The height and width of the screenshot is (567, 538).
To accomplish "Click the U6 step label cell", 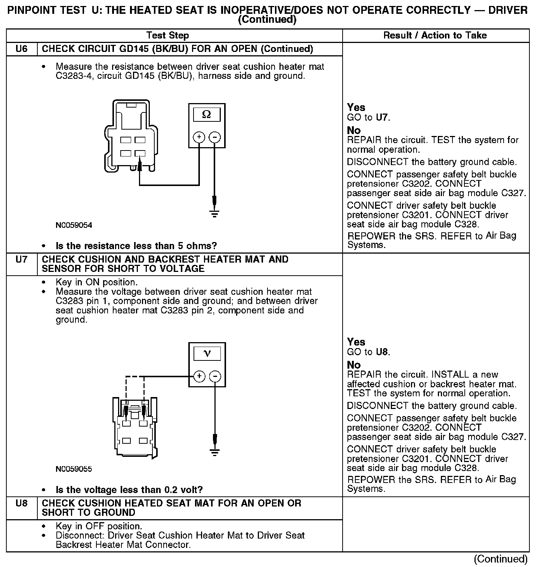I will coord(22,49).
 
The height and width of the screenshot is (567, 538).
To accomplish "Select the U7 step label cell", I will coord(22,259).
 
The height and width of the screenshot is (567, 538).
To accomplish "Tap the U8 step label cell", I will coord(22,503).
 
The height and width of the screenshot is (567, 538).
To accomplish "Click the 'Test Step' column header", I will coord(167,35).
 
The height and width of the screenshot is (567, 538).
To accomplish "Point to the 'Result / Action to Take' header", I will coord(435,35).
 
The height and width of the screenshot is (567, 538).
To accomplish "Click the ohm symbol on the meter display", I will coord(206,115).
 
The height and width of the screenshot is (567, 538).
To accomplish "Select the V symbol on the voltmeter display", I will coord(207,353).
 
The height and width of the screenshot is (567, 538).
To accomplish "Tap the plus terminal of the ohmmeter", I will coord(199,137).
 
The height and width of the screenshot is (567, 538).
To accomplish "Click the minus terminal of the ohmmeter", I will coord(214,137).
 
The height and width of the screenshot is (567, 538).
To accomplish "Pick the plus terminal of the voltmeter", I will coord(200,376).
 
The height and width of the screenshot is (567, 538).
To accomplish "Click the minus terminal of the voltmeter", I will coord(215,376).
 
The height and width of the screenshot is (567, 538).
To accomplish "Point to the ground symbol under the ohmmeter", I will coord(214,214).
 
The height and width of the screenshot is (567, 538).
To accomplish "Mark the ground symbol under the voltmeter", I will coord(215,452).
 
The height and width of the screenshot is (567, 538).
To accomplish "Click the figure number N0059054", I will coord(74,225).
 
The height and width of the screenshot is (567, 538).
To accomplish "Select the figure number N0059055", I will coord(74,469).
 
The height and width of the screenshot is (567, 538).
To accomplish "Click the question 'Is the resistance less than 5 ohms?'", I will coord(136,246).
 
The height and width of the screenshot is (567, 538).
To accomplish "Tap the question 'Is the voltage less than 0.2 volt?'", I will coord(129,489).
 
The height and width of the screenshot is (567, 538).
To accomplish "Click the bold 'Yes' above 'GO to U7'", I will coord(356,108).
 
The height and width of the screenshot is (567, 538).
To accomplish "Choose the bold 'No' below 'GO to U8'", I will coord(354,365).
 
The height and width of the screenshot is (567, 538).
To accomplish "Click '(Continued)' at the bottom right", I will coord(501,559).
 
